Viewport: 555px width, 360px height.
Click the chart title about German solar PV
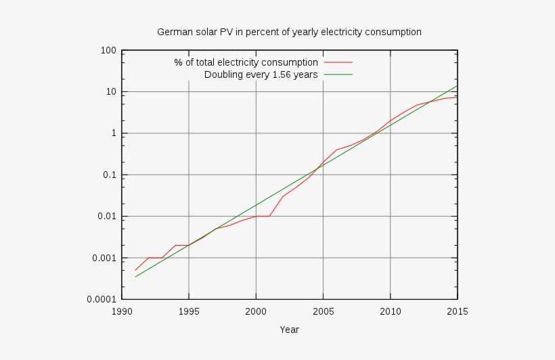click(x=289, y=32)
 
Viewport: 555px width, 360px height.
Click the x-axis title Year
click(x=289, y=330)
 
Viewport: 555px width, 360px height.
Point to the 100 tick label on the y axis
click(x=108, y=50)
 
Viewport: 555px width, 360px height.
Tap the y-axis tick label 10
click(x=110, y=92)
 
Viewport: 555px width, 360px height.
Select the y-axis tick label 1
click(x=113, y=133)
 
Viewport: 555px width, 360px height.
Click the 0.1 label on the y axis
click(x=109, y=175)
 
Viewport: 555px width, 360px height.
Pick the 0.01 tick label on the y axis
click(x=106, y=217)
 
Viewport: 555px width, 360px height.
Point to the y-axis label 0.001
click(x=104, y=258)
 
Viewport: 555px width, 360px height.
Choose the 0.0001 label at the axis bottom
click(x=102, y=300)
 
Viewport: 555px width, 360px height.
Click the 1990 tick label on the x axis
click(x=122, y=312)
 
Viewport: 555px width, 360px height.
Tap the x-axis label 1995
click(x=189, y=312)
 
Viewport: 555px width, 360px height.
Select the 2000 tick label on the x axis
click(x=256, y=312)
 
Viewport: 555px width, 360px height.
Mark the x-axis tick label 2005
click(x=323, y=312)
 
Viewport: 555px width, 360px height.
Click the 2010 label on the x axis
click(x=390, y=312)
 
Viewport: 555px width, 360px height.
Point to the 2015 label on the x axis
click(x=458, y=312)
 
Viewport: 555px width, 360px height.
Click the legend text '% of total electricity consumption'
click(x=246, y=62)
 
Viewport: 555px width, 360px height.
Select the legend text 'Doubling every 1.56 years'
click(x=261, y=74)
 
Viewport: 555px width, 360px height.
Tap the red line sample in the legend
click(x=338, y=62)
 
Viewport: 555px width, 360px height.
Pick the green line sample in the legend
click(x=338, y=74)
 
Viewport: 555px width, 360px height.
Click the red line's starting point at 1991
click(x=135, y=270)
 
